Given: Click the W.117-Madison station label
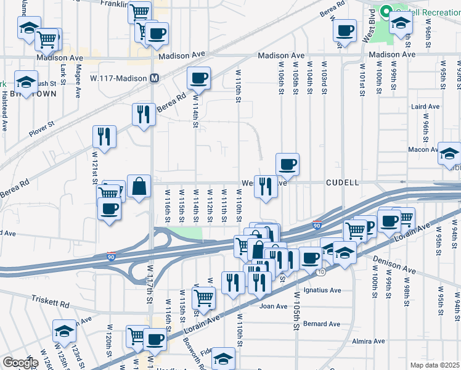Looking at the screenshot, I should tap(118, 78).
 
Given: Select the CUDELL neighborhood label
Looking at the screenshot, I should tap(342, 183).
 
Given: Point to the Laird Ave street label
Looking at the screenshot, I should tap(425, 107).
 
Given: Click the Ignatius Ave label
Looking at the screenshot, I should tap(321, 290).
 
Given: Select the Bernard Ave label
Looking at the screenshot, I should tap(321, 324).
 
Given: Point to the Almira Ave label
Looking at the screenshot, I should tap(367, 340).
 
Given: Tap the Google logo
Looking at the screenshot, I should tap(20, 363).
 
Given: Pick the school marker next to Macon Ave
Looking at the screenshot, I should tap(449, 153).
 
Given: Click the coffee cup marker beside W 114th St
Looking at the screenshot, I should tap(198, 78).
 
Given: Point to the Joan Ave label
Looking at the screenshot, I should tap(274, 306).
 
